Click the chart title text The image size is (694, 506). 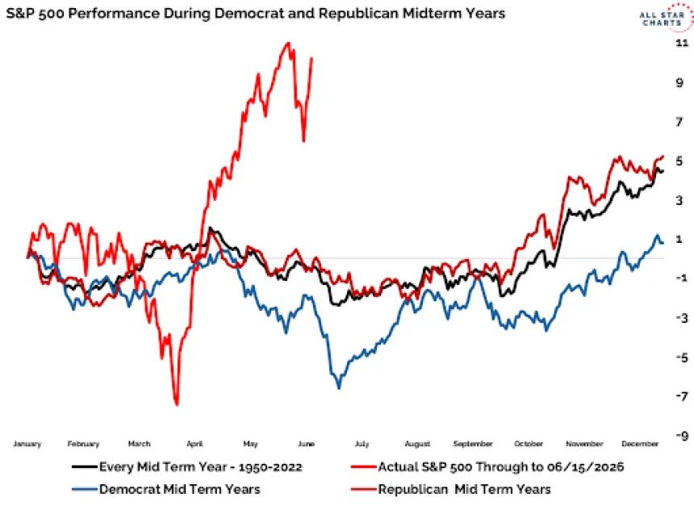[255, 13]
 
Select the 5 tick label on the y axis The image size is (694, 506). [679, 161]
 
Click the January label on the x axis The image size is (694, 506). [27, 444]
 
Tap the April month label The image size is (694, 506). [194, 444]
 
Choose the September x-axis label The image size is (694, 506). [473, 444]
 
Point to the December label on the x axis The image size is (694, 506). [640, 444]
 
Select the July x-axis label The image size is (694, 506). [362, 444]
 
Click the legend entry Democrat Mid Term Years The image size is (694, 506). [166, 489]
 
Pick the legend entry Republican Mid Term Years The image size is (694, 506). [451, 489]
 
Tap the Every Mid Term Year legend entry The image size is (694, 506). [187, 467]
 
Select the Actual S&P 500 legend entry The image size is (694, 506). [487, 467]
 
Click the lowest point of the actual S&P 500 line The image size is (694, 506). [177, 404]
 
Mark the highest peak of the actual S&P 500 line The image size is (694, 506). [289, 43]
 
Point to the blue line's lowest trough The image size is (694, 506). [339, 388]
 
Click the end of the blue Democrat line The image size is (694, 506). [663, 243]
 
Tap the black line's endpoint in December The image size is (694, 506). [663, 171]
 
